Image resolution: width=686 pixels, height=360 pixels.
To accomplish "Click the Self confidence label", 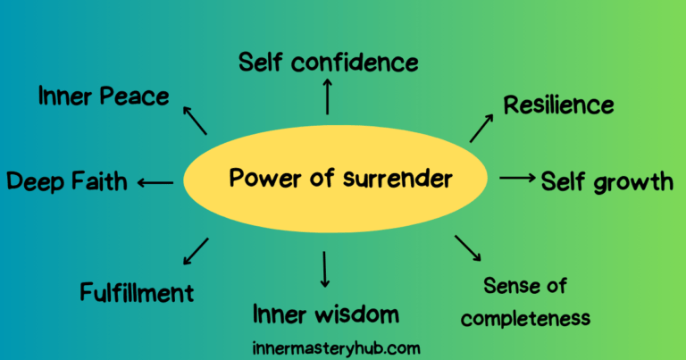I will click(329, 63).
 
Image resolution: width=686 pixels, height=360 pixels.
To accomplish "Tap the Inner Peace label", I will click(104, 96).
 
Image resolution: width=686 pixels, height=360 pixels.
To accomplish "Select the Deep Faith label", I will click(67, 182).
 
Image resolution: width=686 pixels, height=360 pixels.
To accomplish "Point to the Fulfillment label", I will click(137, 292).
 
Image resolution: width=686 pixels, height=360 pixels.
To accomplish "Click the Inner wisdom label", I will click(325, 314).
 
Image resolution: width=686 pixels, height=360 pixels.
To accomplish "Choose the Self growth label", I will click(607, 181).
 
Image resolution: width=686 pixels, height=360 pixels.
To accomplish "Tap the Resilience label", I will click(558, 105).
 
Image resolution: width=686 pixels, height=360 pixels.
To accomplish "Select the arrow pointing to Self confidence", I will click(328, 96).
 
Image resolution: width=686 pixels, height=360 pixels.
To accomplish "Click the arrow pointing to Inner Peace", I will click(195, 120).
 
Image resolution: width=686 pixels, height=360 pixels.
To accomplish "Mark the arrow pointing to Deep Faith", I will click(155, 182).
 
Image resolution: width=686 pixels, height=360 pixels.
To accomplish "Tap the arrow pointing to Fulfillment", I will click(196, 251).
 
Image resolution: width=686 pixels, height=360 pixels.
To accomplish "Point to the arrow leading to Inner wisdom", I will click(325, 269).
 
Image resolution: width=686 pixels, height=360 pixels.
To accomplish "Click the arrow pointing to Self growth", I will click(516, 178).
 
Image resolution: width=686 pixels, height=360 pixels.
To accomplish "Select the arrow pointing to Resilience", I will click(481, 128).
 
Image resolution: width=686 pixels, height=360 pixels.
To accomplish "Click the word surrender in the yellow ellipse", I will click(397, 179).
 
